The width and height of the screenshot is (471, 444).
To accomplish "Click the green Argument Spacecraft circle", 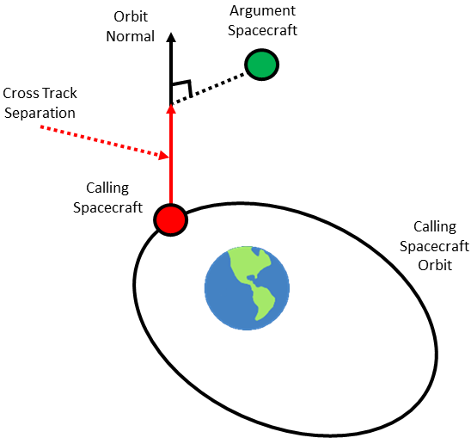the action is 261,65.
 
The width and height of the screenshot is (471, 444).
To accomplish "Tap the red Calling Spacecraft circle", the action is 171,220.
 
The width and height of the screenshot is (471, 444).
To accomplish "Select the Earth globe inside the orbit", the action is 247,288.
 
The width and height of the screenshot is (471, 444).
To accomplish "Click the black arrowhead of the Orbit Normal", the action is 171,37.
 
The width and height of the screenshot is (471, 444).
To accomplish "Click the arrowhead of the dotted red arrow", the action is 163,155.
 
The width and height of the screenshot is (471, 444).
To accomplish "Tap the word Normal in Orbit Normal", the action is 131,36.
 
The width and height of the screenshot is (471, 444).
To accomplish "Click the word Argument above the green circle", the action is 262,12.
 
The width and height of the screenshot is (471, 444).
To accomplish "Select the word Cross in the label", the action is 19,93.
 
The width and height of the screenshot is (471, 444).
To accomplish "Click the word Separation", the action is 40,114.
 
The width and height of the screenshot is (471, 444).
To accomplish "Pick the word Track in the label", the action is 58,93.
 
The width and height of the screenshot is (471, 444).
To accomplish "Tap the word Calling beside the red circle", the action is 107,188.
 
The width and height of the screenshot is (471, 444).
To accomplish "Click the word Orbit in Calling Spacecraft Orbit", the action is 435,265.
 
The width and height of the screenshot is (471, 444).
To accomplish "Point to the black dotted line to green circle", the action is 209,88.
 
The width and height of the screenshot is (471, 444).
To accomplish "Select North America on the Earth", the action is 250,264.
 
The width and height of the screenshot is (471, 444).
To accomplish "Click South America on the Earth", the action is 264,302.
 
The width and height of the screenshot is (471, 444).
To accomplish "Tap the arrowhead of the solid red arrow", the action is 171,109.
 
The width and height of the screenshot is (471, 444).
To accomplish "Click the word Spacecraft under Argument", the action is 262,31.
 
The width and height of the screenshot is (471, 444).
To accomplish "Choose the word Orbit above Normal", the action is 131,16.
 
